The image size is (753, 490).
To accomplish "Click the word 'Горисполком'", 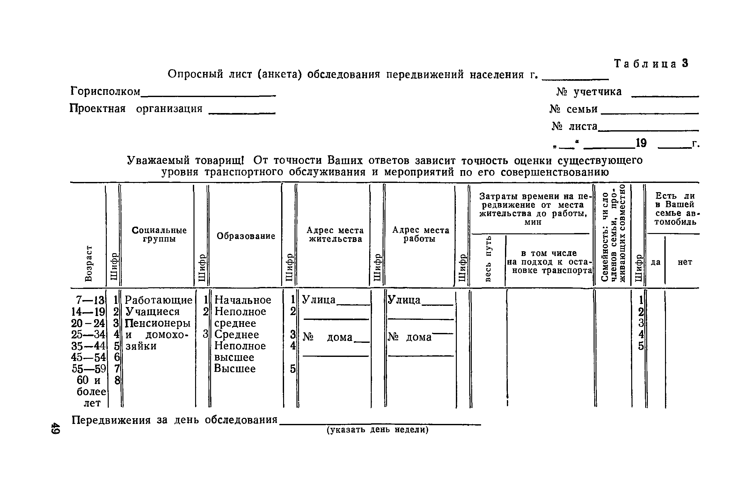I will (105, 92).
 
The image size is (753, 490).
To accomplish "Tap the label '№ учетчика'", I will (589, 92).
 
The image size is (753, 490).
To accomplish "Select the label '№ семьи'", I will (574, 109).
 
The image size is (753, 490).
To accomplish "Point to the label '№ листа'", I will (574, 126).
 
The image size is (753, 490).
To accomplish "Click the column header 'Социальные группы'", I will (159, 234).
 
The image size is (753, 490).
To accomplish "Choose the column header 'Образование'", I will (246, 236).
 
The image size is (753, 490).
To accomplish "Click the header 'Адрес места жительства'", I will (335, 234).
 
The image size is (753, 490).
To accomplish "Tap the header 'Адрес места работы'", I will (420, 234).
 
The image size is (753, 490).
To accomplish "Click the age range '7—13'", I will (90, 300).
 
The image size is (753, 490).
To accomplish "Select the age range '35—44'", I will (88, 346).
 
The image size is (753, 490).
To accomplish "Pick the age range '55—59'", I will (89, 369).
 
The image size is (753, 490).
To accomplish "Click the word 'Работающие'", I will (158, 300).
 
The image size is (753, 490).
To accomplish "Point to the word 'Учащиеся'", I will (153, 312).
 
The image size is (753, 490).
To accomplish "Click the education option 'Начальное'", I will (243, 300).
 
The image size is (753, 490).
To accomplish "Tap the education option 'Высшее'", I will (235, 369).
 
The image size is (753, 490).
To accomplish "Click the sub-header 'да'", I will (655, 262).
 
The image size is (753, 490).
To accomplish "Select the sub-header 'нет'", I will (685, 262).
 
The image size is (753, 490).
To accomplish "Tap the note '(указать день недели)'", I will (377, 430).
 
